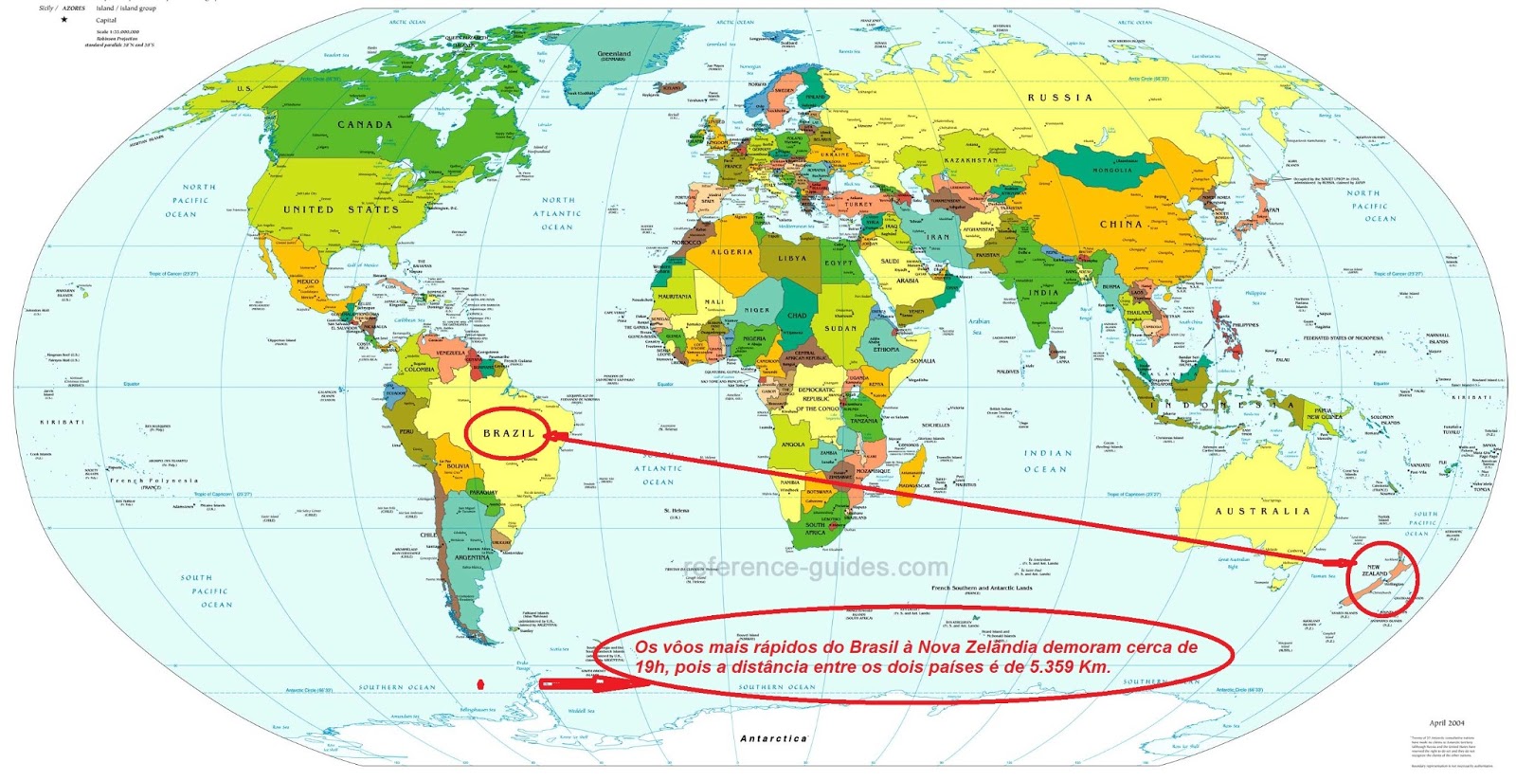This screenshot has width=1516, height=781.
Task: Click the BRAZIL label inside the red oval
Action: [x=509, y=433]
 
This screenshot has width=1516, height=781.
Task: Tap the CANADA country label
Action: [x=365, y=124]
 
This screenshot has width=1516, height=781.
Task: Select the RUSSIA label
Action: [x=1059, y=98]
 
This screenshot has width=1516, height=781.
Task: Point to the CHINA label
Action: [x=1121, y=225]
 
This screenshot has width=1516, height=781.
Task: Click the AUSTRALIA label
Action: [x=1262, y=511]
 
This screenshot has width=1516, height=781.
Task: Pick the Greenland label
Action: [x=614, y=54]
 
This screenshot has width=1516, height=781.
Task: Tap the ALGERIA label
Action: [x=731, y=252]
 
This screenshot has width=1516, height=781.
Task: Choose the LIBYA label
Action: [x=792, y=258]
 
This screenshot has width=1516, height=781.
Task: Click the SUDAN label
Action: [x=839, y=328]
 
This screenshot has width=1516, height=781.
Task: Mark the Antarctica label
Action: [x=773, y=738]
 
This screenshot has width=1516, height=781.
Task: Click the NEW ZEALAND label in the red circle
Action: [x=1374, y=571]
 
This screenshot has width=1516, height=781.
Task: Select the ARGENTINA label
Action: [x=472, y=557]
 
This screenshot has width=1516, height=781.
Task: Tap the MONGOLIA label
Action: [x=1112, y=171]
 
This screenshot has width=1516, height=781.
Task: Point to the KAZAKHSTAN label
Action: [x=970, y=160]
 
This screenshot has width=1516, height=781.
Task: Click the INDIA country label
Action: [x=1043, y=293]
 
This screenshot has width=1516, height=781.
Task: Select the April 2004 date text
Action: [x=1447, y=723]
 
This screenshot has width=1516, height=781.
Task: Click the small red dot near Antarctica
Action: [x=481, y=682]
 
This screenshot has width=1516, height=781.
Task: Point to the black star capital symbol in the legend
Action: [x=64, y=19]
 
